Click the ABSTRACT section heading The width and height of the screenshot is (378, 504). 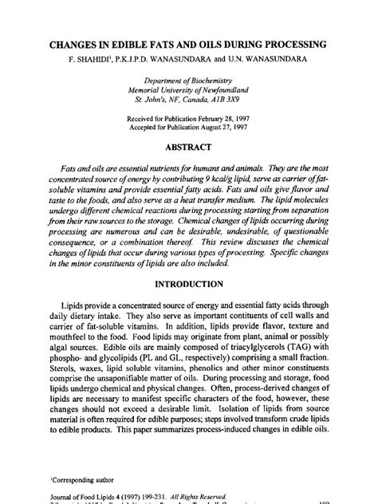(x=189, y=148)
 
